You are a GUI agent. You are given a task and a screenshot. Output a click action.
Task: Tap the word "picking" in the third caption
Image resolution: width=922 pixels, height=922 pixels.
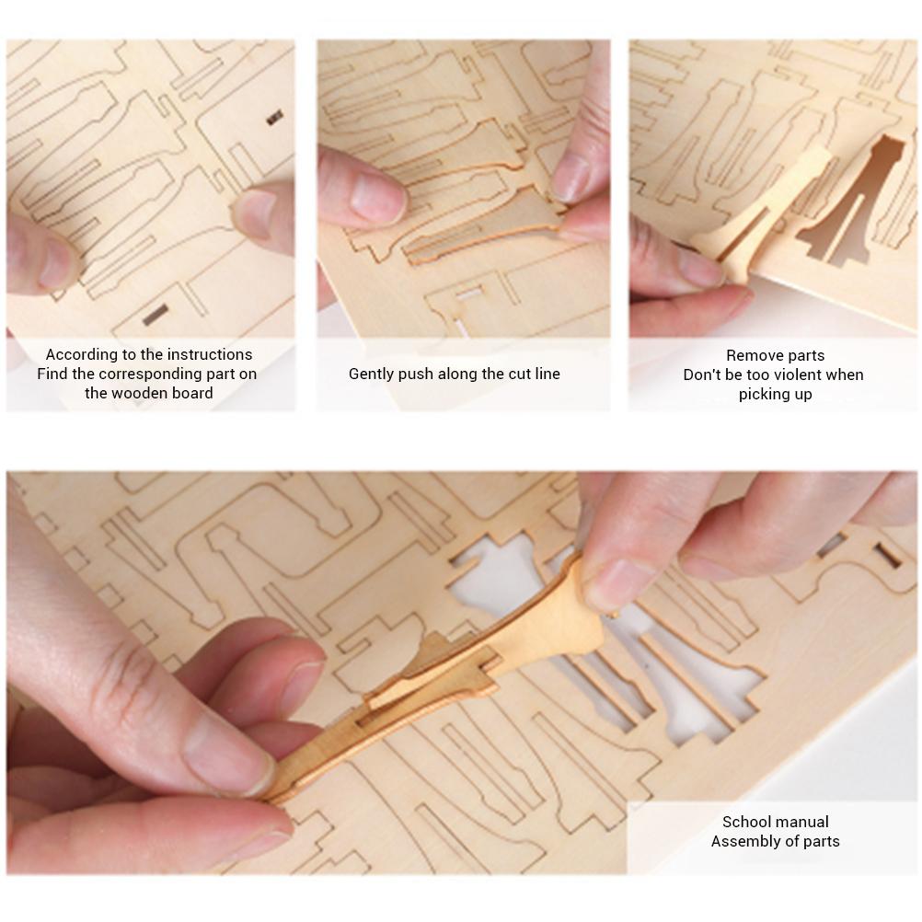tap(763, 394)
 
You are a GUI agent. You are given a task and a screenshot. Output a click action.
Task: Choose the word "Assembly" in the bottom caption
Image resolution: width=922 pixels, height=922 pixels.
tap(743, 841)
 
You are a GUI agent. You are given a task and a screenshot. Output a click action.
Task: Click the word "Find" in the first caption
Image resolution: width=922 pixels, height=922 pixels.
tap(52, 374)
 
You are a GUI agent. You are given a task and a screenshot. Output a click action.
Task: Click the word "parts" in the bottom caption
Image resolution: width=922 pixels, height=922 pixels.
tap(819, 841)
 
